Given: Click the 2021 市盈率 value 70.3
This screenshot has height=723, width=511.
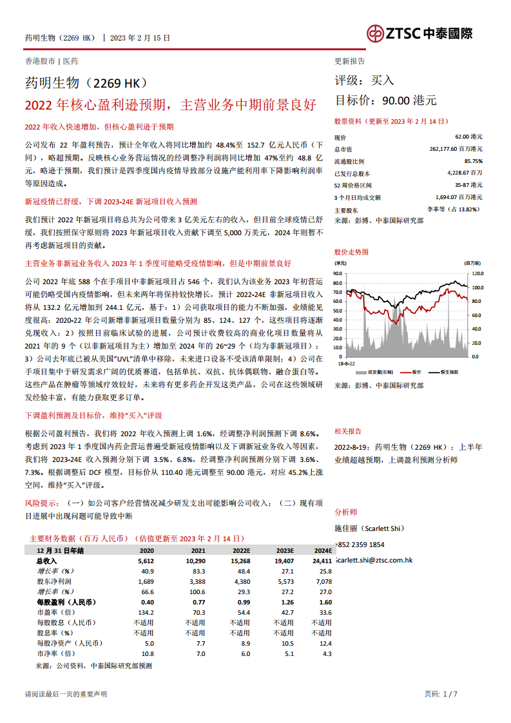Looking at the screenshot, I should (x=198, y=612).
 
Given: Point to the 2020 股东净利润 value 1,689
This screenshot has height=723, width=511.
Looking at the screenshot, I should (x=146, y=581).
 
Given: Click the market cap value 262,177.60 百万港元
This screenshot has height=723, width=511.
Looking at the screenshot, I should (x=455, y=149).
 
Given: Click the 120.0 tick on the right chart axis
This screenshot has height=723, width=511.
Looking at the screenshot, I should (x=477, y=273).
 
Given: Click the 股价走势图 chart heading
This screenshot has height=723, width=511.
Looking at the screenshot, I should (x=352, y=252).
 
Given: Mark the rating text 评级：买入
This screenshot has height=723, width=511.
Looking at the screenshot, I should (x=364, y=81).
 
